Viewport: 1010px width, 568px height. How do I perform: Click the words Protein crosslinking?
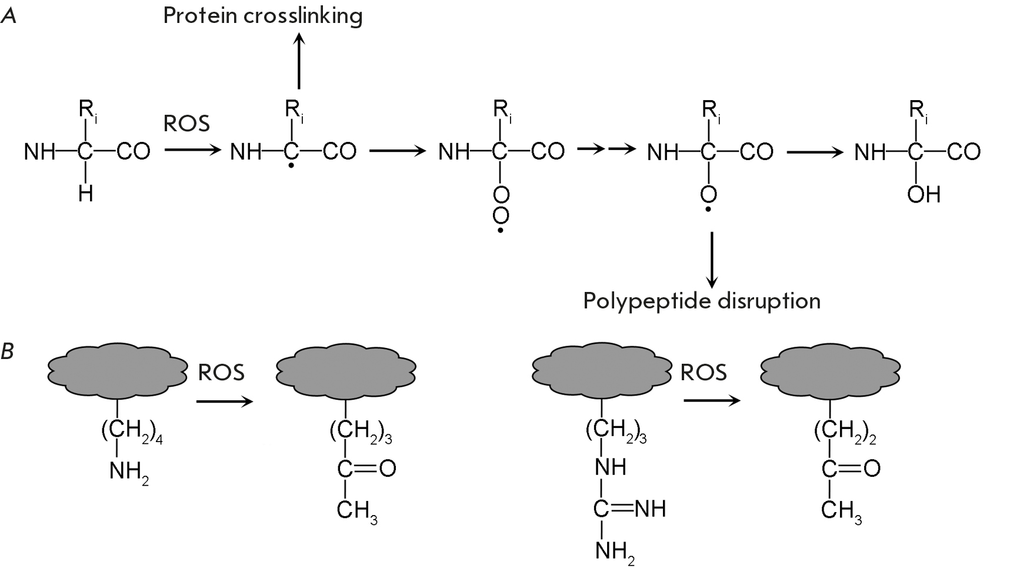pyautogui.click(x=262, y=16)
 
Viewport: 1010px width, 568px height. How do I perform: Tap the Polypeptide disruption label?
pyautogui.click(x=701, y=301)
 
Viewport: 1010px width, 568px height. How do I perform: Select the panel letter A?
pyautogui.click(x=9, y=16)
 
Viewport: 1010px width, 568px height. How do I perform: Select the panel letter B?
pyautogui.click(x=8, y=351)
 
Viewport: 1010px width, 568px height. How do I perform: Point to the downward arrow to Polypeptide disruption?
pyautogui.click(x=712, y=260)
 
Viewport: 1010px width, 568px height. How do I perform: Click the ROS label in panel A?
pyautogui.click(x=186, y=124)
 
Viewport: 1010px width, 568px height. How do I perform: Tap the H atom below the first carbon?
pyautogui.click(x=86, y=194)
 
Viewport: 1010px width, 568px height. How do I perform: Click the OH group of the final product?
pyautogui.click(x=924, y=194)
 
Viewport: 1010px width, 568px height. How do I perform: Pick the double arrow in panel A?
pyautogui.click(x=606, y=150)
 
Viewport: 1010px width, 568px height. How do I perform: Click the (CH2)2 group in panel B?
pyautogui.click(x=844, y=431)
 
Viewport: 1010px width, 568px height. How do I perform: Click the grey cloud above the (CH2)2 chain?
pyautogui.click(x=829, y=370)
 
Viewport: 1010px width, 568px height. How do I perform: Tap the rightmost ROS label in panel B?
pyautogui.click(x=704, y=372)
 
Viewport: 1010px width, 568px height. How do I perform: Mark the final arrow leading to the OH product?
pyautogui.click(x=815, y=152)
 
